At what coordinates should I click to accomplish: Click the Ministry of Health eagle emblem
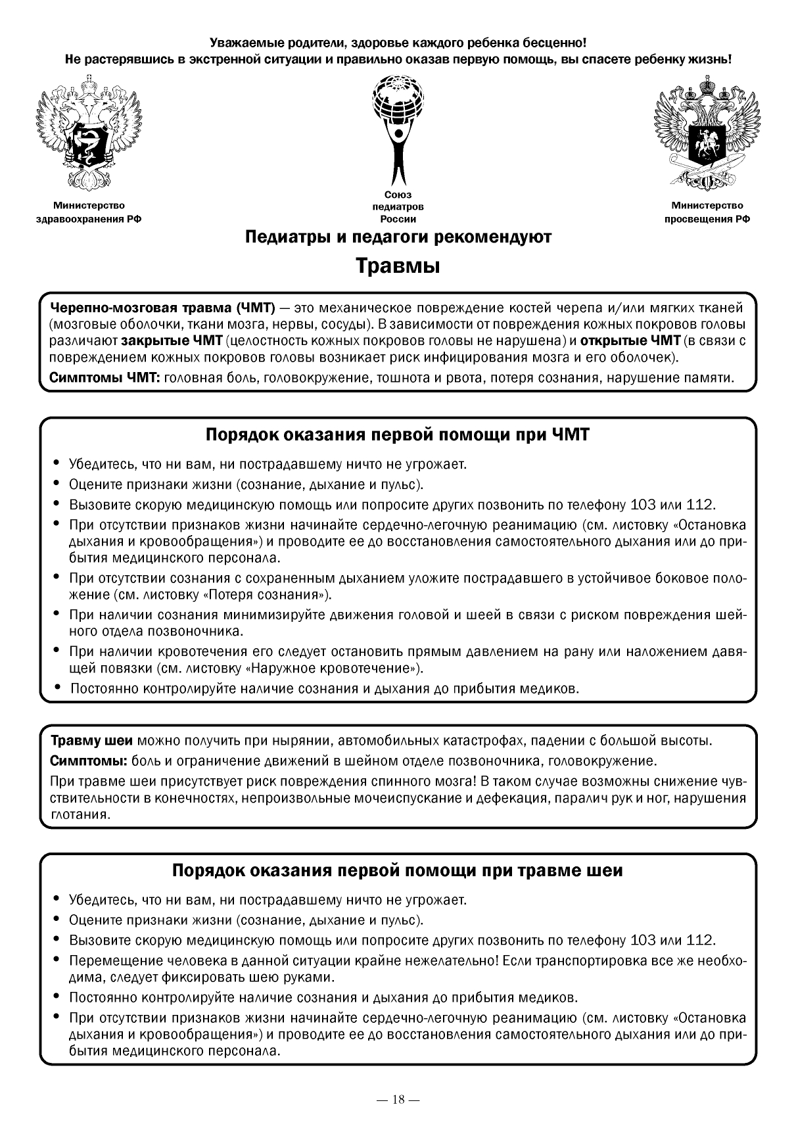point(89,131)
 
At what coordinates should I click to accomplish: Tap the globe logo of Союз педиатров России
point(398,128)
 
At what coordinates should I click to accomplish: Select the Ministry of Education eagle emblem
point(707,131)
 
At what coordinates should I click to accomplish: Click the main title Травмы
point(398,266)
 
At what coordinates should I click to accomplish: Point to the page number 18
point(398,1099)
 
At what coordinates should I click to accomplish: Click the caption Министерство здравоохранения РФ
point(89,212)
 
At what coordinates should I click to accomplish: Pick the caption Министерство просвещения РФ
point(707,212)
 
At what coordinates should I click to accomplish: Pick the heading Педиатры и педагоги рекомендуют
point(398,237)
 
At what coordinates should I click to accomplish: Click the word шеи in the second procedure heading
point(604,870)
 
